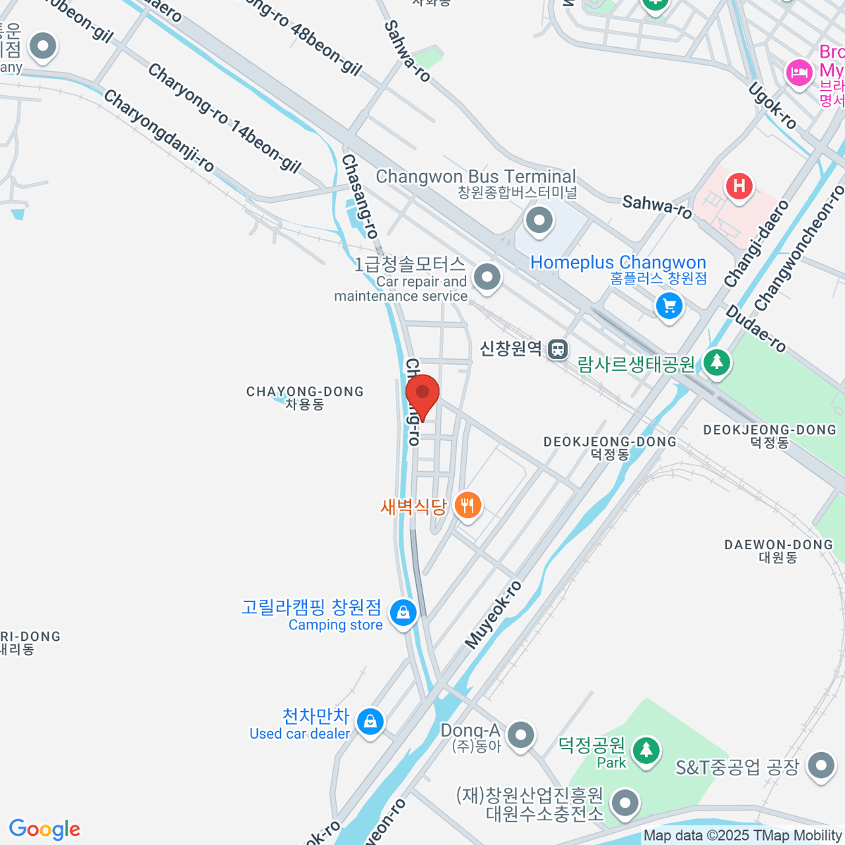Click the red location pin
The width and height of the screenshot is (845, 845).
point(423,394)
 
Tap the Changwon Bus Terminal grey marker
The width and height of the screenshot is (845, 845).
point(539,220)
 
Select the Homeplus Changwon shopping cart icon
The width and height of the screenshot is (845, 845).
point(669,306)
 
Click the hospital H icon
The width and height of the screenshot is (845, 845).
point(739,187)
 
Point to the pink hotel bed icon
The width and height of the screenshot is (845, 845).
point(799,73)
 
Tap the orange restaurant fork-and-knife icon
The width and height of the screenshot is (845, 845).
point(468,505)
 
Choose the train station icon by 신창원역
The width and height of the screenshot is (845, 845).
point(558,349)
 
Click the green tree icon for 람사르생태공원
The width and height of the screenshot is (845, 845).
point(717,362)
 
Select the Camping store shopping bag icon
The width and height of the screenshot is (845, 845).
point(403,613)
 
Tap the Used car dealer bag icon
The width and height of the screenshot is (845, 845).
point(370,721)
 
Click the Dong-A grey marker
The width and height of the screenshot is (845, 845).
point(521,734)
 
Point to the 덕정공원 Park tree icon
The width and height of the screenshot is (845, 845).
point(645,750)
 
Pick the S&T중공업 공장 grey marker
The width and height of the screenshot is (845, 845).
point(821,765)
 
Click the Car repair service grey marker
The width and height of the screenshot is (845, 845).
point(487,277)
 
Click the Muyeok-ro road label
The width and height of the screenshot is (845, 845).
point(494,615)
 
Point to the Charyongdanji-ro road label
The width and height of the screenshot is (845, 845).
point(159,131)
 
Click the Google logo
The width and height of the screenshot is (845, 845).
point(44,830)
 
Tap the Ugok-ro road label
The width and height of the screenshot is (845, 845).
point(772,106)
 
